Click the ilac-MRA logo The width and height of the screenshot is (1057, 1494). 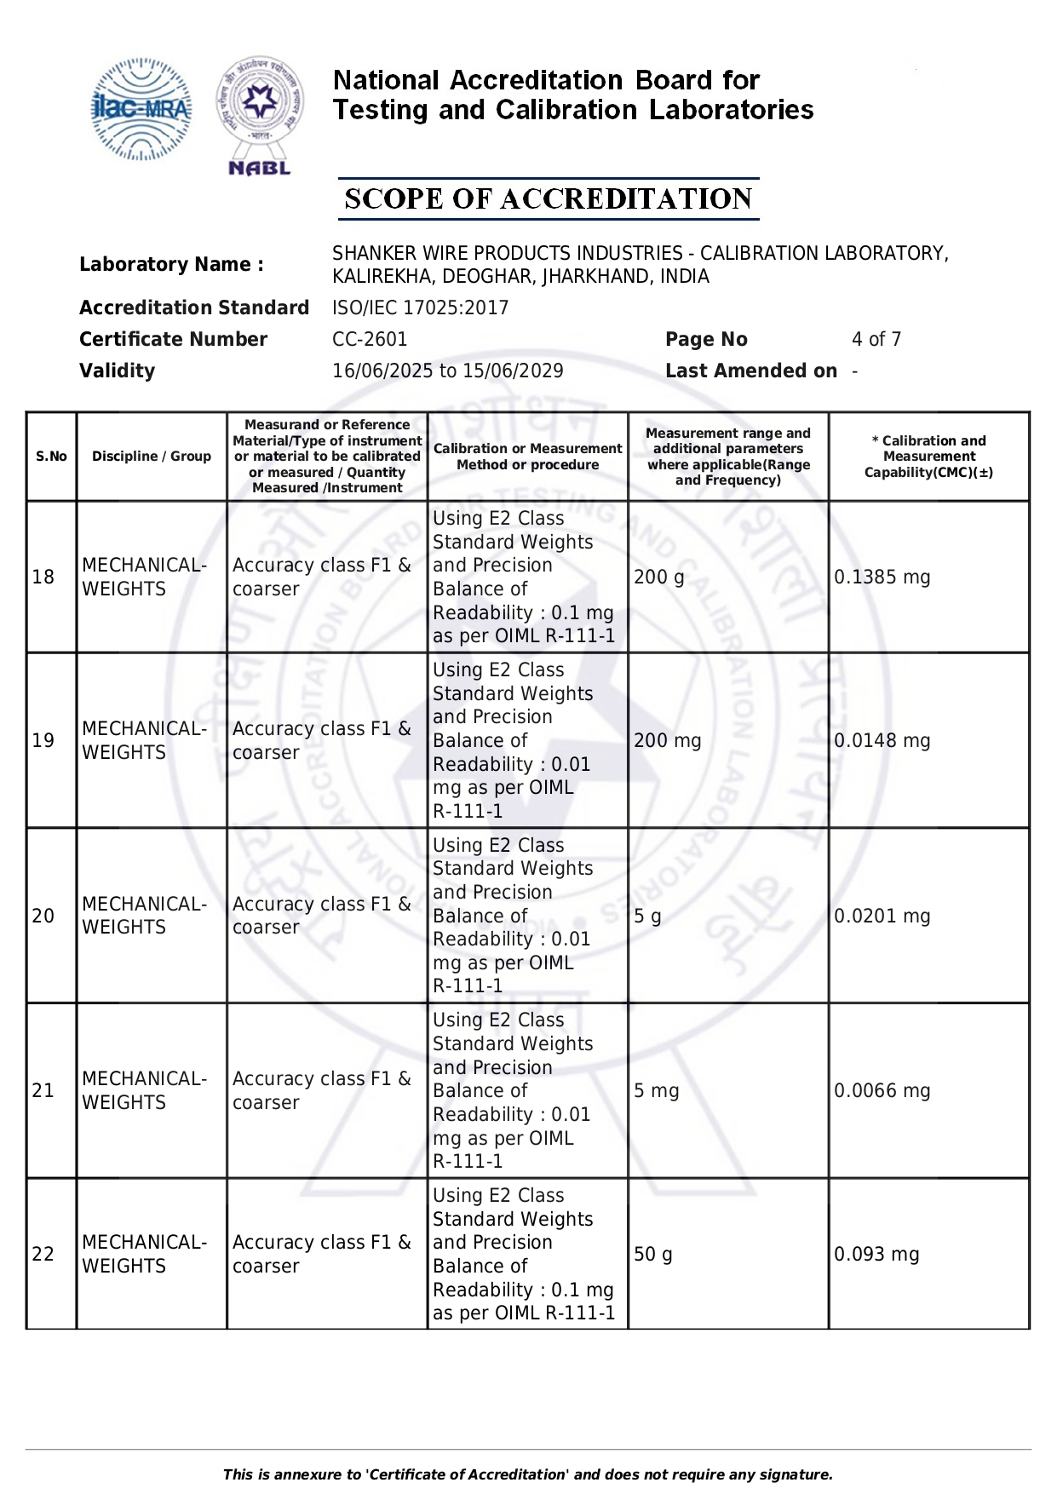coord(141,109)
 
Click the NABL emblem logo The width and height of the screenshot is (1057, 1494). coord(260,116)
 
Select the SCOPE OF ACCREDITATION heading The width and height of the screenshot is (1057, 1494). coord(549,199)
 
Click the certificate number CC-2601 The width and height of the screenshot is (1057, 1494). coord(370,339)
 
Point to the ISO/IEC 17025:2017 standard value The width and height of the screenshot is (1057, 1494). coord(420,307)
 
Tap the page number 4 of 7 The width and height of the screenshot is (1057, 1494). coord(876,339)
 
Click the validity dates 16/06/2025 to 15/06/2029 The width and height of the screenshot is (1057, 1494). coord(447,371)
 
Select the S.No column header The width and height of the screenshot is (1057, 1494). coord(51,457)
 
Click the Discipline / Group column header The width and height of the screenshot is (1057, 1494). coord(152,457)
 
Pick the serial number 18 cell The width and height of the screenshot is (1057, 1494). coord(43,577)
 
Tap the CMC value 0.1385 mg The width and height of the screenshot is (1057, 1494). coord(882,577)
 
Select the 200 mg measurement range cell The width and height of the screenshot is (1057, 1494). coord(667,740)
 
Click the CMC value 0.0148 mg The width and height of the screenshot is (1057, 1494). coord(882,740)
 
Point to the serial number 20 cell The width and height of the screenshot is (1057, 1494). coord(43,916)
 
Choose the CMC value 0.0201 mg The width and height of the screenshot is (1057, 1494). coord(882,916)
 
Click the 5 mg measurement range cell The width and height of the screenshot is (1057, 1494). coord(656,1090)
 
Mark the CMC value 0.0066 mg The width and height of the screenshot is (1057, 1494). coord(882,1090)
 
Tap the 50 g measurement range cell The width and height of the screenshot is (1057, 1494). coord(652,1254)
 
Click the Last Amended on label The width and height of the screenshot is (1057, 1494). coord(750,371)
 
